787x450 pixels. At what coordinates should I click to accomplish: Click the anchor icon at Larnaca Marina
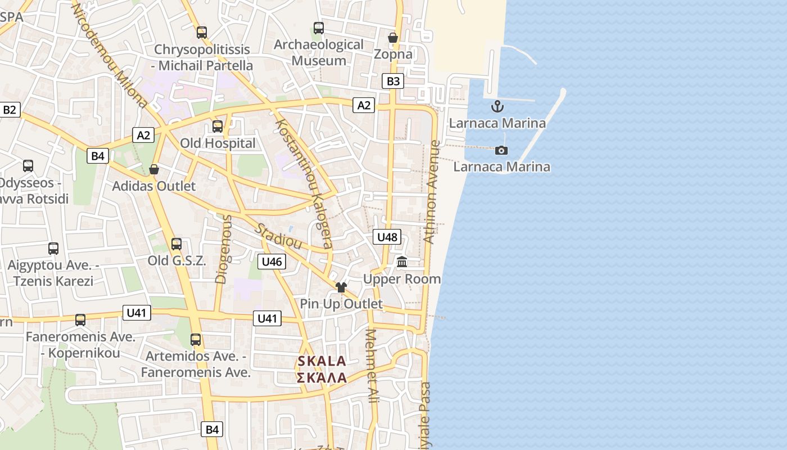(x=497, y=106)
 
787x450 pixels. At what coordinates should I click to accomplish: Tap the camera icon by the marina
(x=501, y=150)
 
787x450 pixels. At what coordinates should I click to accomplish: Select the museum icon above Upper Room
(x=402, y=262)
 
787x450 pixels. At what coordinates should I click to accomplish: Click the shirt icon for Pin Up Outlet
(x=341, y=287)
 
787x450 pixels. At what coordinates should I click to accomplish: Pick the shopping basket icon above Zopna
(x=393, y=38)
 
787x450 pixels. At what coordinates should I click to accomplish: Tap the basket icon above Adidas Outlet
(x=154, y=169)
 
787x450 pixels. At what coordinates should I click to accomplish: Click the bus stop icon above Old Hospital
(x=218, y=127)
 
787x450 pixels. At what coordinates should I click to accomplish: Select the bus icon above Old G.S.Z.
(x=177, y=244)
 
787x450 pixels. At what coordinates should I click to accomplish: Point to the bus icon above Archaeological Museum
(x=319, y=28)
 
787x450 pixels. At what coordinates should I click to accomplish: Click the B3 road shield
(x=393, y=82)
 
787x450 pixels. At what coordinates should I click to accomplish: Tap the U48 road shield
(x=387, y=237)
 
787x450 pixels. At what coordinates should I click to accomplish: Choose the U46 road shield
(x=272, y=262)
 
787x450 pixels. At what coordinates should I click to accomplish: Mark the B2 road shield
(x=10, y=110)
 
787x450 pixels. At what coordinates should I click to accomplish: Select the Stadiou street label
(x=278, y=236)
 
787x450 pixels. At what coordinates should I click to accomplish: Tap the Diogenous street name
(x=223, y=249)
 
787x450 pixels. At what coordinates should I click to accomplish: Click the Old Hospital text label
(x=218, y=143)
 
